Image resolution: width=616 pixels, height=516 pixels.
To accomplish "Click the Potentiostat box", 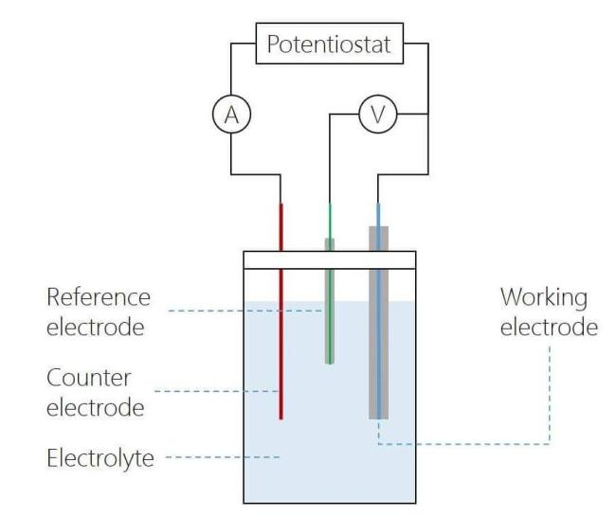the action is (x=329, y=44).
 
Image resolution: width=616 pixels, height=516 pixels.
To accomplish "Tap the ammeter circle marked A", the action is (x=231, y=115).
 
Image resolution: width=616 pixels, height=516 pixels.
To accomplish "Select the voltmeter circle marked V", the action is (x=378, y=115).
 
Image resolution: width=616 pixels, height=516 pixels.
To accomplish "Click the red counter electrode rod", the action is (x=281, y=311).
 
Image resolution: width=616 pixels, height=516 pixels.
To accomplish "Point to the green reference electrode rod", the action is (x=330, y=301).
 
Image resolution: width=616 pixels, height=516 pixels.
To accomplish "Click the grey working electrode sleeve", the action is (x=379, y=323).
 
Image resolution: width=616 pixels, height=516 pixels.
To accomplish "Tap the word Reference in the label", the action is (x=99, y=297).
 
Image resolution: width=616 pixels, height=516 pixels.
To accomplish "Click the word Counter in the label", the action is (x=88, y=378).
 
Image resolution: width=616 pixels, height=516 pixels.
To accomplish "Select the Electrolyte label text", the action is (x=100, y=458).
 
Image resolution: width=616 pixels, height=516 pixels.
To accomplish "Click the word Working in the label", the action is (x=544, y=298).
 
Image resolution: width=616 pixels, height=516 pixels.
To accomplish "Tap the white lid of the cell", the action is (x=330, y=259).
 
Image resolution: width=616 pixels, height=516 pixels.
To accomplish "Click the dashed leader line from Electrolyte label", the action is (x=223, y=457).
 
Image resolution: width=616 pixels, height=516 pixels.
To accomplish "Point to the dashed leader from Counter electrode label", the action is (x=216, y=391).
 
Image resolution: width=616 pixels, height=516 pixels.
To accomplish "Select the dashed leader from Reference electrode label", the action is (x=245, y=311).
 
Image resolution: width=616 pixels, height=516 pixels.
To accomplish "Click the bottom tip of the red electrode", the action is (x=281, y=419).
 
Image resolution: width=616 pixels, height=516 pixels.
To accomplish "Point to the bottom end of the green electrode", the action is (x=330, y=364).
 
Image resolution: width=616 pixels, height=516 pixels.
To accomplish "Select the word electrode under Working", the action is (x=549, y=328).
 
